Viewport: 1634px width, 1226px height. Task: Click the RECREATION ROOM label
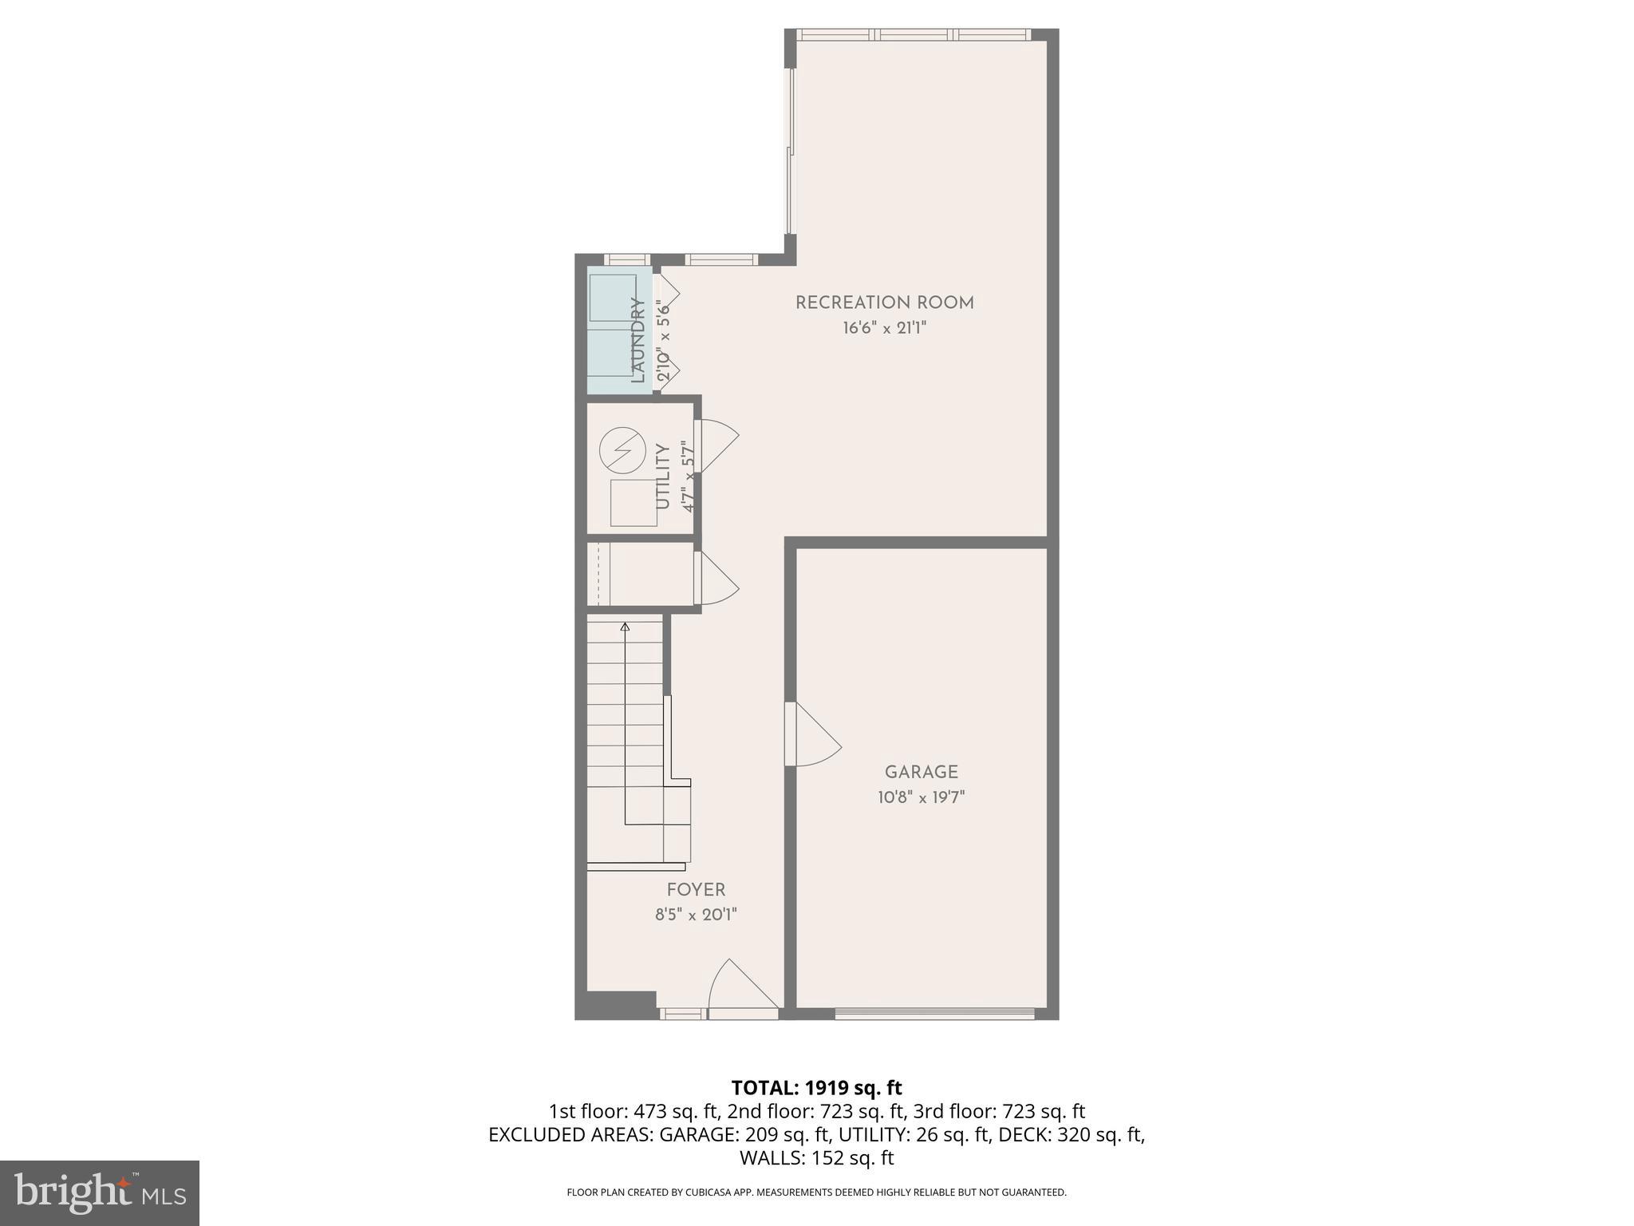point(884,303)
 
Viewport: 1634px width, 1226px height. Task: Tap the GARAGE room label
point(921,772)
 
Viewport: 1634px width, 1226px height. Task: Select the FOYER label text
point(696,890)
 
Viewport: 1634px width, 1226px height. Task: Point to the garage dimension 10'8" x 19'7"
point(922,797)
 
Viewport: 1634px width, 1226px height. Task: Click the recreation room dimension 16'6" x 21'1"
point(884,328)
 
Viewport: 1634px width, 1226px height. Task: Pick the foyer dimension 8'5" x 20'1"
point(696,915)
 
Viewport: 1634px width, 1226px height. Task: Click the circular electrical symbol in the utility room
point(622,450)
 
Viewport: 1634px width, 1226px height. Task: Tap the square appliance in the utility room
point(633,503)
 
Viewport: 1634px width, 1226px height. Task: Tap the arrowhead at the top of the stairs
point(625,627)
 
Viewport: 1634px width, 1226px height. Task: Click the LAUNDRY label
point(637,340)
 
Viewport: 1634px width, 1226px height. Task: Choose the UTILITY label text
point(662,477)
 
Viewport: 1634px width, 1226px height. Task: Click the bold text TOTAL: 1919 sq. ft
point(816,1088)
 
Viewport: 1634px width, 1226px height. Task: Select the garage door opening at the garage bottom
point(934,1014)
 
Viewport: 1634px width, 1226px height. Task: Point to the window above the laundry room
point(626,259)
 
